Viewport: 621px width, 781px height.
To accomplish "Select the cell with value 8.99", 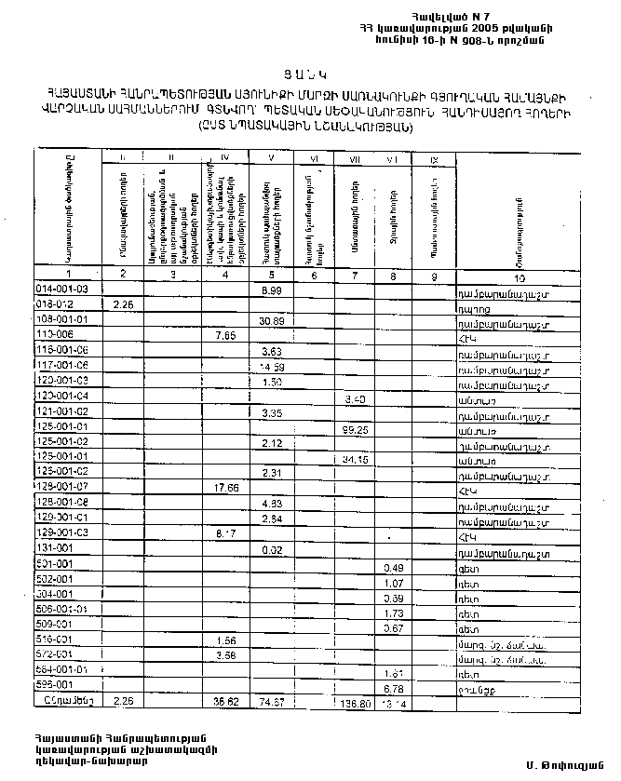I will click(272, 290).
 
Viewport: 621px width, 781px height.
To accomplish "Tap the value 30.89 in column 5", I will click(272, 321).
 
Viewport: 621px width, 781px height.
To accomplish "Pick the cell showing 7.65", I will click(224, 336).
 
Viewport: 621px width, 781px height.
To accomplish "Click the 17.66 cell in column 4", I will click(224, 488).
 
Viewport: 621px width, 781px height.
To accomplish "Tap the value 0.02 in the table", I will click(272, 550).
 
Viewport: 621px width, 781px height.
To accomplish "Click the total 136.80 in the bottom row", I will click(356, 705).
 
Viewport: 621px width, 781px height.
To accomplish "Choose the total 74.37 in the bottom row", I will click(272, 700).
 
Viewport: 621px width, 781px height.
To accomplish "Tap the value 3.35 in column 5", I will click(272, 412).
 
